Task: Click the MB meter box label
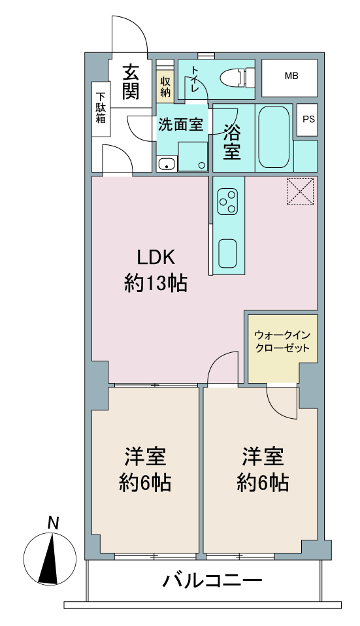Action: click(x=291, y=75)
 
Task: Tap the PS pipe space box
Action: click(x=307, y=120)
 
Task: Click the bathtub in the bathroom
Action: click(x=274, y=137)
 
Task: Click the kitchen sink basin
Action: click(x=227, y=254)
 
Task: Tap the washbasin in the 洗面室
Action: click(x=167, y=163)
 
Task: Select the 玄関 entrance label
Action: click(x=131, y=82)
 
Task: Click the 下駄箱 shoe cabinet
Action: click(x=101, y=109)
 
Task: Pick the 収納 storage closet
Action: click(x=166, y=87)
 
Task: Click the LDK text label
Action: click(x=156, y=257)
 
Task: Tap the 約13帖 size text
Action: click(x=155, y=284)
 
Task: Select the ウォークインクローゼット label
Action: click(x=282, y=341)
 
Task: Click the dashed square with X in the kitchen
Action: click(x=300, y=191)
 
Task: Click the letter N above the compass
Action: click(x=53, y=523)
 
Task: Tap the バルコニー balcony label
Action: click(x=212, y=580)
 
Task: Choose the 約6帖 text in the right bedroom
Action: click(x=263, y=483)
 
